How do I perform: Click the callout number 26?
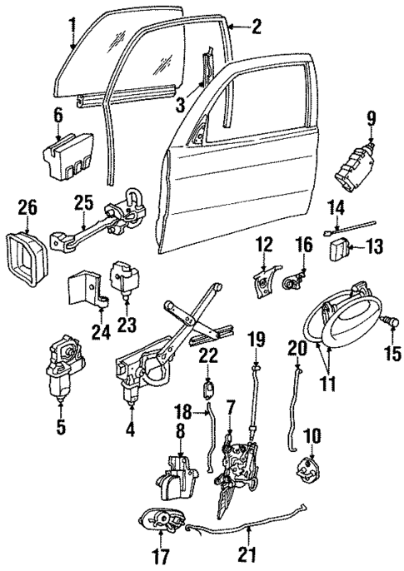[x=27, y=203]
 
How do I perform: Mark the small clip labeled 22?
[x=210, y=388]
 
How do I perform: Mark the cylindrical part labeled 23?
[x=125, y=278]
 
